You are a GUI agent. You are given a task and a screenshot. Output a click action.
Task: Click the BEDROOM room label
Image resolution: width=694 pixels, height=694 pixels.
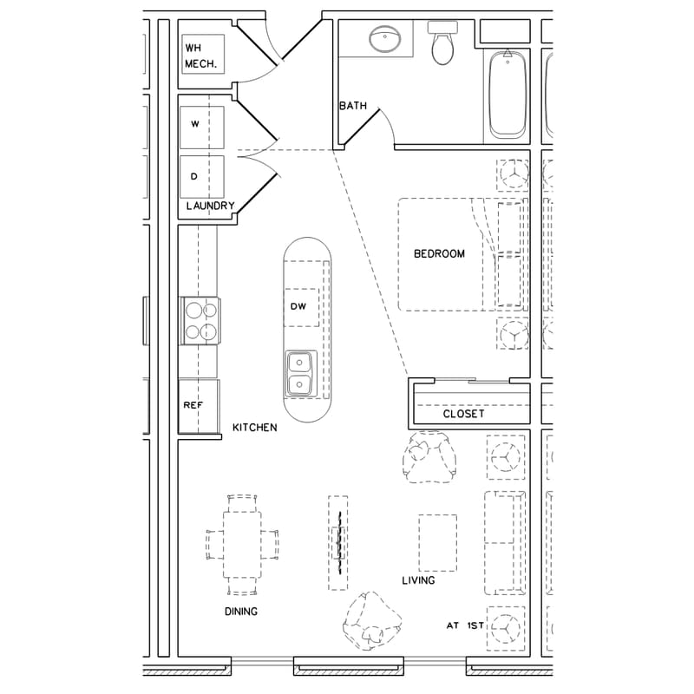coord(438,254)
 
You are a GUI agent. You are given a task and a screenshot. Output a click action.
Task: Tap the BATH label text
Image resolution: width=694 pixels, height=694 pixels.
coord(352,107)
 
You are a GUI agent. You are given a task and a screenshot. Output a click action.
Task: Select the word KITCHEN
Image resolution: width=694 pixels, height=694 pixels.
coord(254,428)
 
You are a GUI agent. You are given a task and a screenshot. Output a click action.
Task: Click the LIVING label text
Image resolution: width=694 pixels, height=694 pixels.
coord(418,580)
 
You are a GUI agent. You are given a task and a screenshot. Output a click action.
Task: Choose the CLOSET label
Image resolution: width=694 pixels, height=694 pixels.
coord(463,415)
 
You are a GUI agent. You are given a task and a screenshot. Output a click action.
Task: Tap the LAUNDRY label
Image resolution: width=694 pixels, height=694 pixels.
coord(210,206)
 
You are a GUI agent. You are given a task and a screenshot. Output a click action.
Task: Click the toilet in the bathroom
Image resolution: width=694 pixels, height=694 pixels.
coord(442,46)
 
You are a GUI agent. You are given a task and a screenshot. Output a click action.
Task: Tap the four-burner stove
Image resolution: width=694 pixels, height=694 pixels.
coord(200,318)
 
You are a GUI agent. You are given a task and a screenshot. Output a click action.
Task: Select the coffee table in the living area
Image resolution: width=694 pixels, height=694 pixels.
coord(437,543)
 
